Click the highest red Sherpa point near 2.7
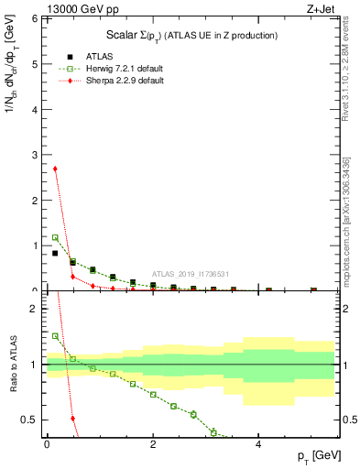coord(55,169)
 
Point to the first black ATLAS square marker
coord(55,254)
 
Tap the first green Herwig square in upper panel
coord(55,237)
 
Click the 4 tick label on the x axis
coord(258,444)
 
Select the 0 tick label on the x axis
coord(47,444)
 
